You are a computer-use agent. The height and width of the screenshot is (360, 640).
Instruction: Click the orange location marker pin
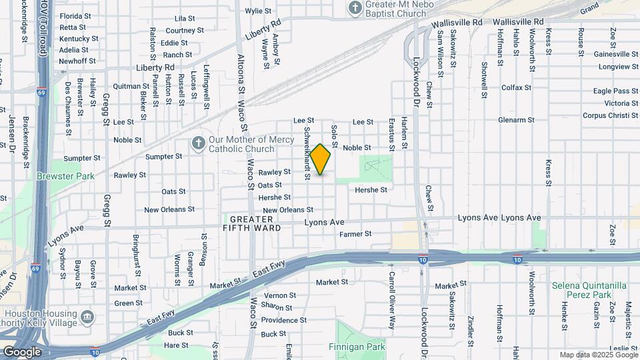pyautogui.click(x=321, y=159)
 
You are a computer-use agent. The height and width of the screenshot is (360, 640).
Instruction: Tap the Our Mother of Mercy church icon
pyautogui.click(x=197, y=143)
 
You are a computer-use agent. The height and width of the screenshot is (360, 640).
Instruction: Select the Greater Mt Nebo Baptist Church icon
pyautogui.click(x=355, y=7)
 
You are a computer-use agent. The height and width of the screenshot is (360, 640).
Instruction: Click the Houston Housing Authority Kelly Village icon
pyautogui.click(x=87, y=315)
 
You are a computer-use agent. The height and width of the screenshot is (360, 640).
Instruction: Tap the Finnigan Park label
pyautogui.click(x=357, y=347)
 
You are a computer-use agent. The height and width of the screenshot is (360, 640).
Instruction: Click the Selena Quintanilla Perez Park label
pyautogui.click(x=589, y=290)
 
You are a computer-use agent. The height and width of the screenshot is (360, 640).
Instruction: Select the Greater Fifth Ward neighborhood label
pyautogui.click(x=251, y=223)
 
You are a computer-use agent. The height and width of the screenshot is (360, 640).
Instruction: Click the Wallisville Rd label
pyautogui.click(x=456, y=23)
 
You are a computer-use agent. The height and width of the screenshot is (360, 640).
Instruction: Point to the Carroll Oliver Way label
pyautogui.click(x=392, y=291)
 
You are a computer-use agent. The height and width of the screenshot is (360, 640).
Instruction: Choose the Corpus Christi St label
pyautogui.click(x=610, y=115)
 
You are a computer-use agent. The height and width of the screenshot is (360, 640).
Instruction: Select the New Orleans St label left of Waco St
pyautogui.click(x=169, y=209)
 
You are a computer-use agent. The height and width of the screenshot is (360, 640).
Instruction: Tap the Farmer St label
pyautogui.click(x=355, y=234)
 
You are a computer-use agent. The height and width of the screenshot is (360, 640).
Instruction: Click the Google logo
pyautogui.click(x=22, y=351)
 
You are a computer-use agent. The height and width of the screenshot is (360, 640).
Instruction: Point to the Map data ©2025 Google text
pyautogui.click(x=598, y=355)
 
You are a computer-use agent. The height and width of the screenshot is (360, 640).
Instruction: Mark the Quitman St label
pyautogui.click(x=131, y=86)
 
